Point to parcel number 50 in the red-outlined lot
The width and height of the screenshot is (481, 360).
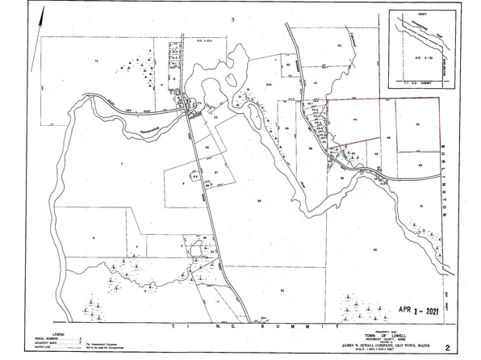tap(417, 124)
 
